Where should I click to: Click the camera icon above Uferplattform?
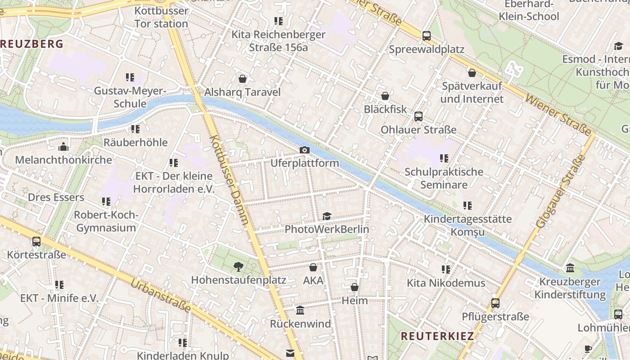(305, 150)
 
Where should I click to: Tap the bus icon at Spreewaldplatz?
(426, 36)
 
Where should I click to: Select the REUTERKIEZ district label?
(437, 336)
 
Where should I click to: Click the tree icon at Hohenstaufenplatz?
(238, 267)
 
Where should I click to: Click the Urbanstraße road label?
(161, 296)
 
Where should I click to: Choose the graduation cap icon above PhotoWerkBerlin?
(327, 216)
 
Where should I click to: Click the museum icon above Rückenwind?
(300, 310)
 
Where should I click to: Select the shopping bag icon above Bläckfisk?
(385, 96)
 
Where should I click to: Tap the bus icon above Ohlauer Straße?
(418, 117)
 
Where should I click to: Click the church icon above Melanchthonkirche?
(63, 147)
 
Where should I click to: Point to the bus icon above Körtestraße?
(36, 242)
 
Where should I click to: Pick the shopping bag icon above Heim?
(355, 287)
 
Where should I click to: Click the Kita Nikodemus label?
(446, 283)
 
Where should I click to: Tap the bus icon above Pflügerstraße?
(495, 303)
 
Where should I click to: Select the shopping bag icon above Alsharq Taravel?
(243, 79)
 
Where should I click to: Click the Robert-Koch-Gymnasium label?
(106, 221)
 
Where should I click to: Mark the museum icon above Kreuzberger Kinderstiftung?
(570, 268)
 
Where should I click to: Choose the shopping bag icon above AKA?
(313, 267)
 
